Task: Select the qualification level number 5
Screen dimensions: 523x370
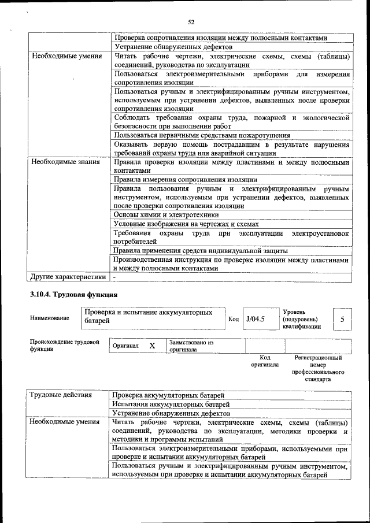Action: (x=342, y=319)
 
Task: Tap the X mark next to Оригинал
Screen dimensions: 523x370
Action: (x=152, y=346)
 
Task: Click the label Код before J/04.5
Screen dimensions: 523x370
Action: (x=234, y=319)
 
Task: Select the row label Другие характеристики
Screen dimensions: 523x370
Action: (x=68, y=276)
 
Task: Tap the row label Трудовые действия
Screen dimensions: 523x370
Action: (x=61, y=395)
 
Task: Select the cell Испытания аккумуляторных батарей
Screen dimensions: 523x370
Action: (x=171, y=405)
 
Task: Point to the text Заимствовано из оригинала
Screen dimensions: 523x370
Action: (x=191, y=346)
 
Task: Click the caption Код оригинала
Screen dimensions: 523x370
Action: (x=265, y=361)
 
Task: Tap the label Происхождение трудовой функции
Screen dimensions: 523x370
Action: (x=61, y=346)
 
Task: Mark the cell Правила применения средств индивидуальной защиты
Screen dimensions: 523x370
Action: (x=201, y=251)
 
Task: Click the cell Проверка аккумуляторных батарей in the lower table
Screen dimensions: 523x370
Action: (x=168, y=395)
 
